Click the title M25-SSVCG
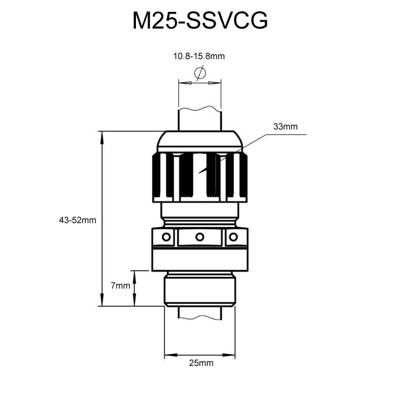199,21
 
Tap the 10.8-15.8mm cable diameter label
199,57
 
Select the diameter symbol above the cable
199,73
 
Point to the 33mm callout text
286,127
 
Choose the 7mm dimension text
120,285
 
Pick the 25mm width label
201,363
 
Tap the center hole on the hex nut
199,237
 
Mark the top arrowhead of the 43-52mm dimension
102,137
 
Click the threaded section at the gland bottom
200,291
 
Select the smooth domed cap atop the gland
199,141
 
